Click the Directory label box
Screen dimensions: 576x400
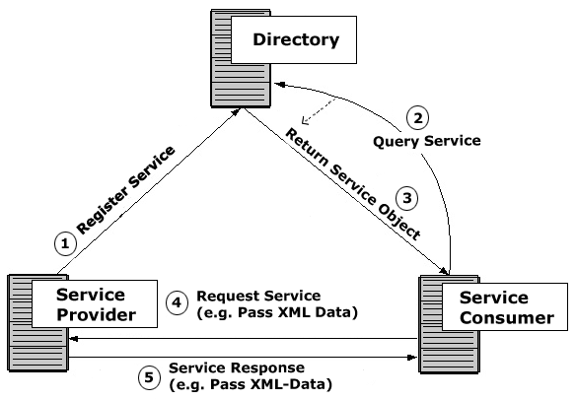click(294, 39)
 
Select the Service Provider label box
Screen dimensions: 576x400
click(95, 303)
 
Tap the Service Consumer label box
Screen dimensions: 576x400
click(505, 306)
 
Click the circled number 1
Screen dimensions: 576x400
click(65, 243)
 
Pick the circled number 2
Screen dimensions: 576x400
click(417, 118)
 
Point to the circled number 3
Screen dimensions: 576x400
click(407, 198)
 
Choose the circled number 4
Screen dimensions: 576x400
click(177, 303)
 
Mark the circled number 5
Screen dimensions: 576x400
click(149, 377)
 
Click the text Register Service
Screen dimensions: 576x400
click(125, 190)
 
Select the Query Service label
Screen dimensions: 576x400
click(427, 141)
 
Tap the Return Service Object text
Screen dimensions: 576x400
click(353, 184)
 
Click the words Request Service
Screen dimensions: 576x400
click(258, 296)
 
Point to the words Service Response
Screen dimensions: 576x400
click(237, 367)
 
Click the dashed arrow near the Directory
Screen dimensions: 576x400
click(319, 110)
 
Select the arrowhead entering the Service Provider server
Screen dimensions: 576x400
click(73, 339)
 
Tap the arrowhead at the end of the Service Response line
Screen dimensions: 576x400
click(413, 357)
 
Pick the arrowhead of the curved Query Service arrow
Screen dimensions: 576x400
click(280, 85)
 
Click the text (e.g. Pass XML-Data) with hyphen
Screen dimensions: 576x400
click(251, 384)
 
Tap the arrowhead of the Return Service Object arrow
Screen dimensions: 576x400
click(444, 271)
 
